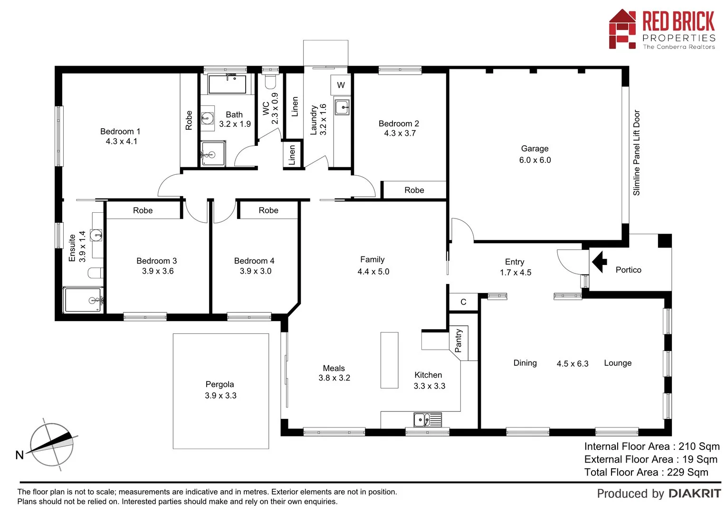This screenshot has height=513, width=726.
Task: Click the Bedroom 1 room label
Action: [x=120, y=132]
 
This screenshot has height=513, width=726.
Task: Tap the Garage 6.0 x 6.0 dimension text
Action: [x=535, y=160]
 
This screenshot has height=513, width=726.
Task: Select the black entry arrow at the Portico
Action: [x=599, y=261]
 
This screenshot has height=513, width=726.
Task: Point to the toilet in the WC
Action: [x=270, y=82]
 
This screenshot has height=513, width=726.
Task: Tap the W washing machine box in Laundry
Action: [x=341, y=85]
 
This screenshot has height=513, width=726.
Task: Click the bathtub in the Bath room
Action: [x=227, y=84]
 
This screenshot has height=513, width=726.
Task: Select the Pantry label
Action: [x=459, y=341]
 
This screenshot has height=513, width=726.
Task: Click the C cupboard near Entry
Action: [x=463, y=302]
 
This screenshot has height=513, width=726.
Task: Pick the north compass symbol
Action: [x=51, y=445]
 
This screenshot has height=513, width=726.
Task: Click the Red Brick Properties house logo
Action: [x=622, y=29]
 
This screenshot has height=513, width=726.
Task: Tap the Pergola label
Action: [x=220, y=384]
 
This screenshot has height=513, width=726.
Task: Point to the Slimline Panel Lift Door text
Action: [x=636, y=152]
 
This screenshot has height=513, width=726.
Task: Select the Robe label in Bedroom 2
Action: [x=414, y=190]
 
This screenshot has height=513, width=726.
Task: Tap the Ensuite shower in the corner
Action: [x=83, y=300]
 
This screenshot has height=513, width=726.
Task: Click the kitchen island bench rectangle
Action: [x=389, y=360]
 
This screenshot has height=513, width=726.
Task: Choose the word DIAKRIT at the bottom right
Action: [x=695, y=494]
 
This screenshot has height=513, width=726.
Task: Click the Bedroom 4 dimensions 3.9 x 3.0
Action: [x=256, y=271]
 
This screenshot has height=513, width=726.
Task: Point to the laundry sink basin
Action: [x=342, y=107]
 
